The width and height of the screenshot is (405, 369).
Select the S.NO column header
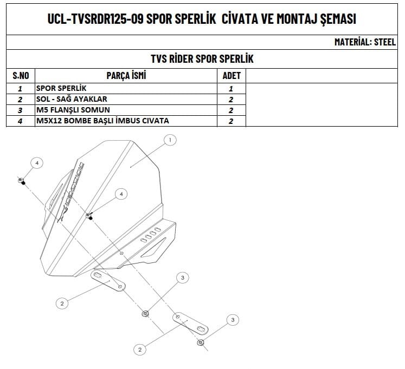(x=20, y=76)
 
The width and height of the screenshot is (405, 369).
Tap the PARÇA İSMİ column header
(x=127, y=76)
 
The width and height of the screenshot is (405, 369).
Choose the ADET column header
(x=232, y=76)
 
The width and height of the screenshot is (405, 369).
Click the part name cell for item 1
(x=61, y=88)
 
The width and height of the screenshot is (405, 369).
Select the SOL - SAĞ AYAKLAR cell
(x=72, y=99)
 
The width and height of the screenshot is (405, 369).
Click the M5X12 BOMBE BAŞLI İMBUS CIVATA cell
(x=102, y=121)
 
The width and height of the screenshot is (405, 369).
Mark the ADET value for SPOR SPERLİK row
(x=231, y=88)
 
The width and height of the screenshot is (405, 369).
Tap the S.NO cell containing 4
(x=20, y=121)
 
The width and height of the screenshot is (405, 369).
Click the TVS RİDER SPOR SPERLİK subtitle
(x=202, y=58)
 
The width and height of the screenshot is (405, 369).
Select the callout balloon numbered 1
(x=170, y=141)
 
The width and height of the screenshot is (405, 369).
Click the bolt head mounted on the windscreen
(x=89, y=215)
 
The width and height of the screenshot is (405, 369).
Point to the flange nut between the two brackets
(x=145, y=314)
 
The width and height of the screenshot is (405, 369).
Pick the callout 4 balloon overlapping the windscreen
(x=121, y=193)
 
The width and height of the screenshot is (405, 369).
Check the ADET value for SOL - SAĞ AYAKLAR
(x=231, y=100)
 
